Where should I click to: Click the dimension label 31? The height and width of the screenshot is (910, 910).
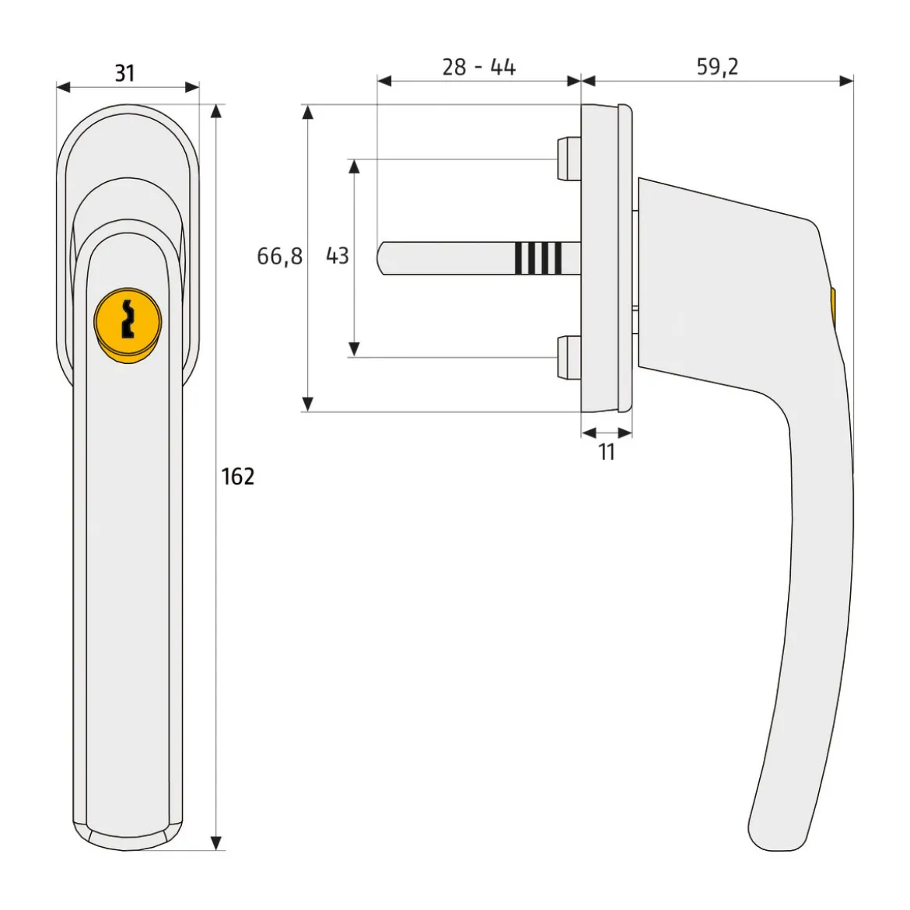(x=124, y=73)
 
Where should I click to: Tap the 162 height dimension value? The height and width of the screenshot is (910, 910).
(x=238, y=477)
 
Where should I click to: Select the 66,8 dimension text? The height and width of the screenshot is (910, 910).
(x=280, y=256)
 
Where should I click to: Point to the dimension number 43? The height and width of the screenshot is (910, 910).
(x=338, y=255)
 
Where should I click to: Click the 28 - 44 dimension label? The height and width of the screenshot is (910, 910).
(x=479, y=68)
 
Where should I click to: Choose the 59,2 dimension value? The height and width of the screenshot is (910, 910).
(x=717, y=67)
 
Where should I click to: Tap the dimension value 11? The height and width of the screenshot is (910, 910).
(x=607, y=452)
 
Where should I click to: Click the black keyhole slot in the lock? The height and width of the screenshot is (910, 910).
(x=128, y=319)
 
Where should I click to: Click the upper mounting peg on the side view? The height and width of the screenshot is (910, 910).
(x=569, y=159)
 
